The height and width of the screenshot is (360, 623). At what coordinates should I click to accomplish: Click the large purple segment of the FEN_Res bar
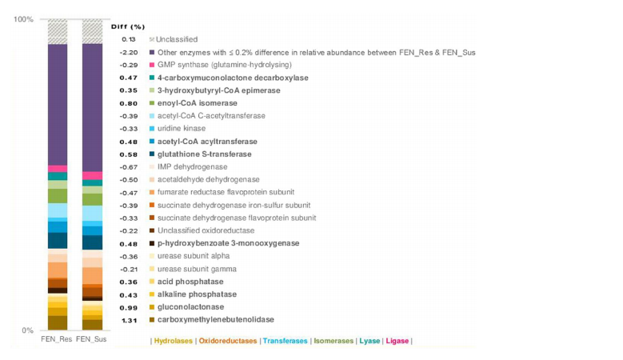58,105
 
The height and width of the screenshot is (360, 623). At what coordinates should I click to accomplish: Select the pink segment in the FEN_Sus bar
92,176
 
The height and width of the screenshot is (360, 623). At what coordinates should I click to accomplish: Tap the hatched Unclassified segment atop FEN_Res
58,32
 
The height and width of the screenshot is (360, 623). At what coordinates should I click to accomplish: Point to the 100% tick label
23,19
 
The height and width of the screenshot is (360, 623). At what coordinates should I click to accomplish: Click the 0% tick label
27,330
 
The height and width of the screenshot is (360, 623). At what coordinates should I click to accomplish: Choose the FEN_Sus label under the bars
91,339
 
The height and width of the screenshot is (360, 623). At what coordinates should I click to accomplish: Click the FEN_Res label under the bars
57,339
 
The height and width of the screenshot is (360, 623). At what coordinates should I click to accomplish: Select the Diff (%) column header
128,26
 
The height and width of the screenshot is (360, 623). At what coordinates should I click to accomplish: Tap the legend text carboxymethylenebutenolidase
216,320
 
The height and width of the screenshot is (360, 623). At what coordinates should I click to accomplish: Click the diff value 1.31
129,321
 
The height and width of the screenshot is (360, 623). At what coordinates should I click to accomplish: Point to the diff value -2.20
129,53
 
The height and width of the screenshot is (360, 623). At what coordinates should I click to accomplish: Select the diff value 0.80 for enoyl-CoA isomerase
128,103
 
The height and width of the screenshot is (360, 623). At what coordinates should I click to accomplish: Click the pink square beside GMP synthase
152,65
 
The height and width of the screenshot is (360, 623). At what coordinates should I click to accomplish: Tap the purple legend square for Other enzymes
152,53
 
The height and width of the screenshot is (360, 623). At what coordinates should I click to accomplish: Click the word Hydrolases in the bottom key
174,341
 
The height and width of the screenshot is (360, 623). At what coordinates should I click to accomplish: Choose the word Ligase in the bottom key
397,341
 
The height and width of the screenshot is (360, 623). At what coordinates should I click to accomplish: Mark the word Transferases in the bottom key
285,341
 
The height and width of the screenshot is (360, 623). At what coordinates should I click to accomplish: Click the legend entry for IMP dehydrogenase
188,167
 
